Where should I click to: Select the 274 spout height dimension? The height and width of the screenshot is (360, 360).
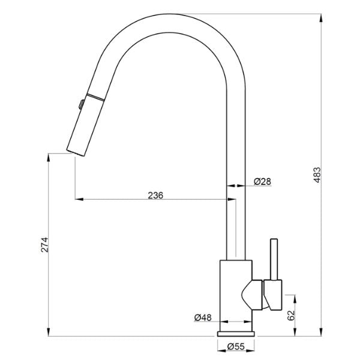pos(44,244)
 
